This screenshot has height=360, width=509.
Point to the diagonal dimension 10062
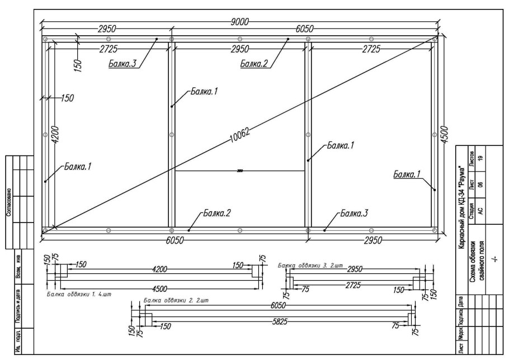click(x=239, y=134)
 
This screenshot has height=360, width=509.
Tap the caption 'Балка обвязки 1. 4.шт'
click(x=76, y=293)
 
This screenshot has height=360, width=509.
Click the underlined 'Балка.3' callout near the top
click(x=122, y=64)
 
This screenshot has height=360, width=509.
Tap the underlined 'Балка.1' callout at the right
click(x=407, y=175)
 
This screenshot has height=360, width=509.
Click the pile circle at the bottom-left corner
click(x=45, y=230)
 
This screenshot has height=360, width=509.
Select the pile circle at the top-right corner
click(x=435, y=39)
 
